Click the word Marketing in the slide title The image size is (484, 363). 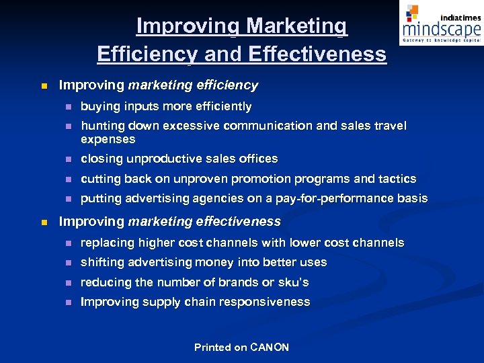(297, 26)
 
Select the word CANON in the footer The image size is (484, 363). (269, 348)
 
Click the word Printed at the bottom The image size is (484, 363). (212, 348)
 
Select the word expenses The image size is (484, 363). (108, 140)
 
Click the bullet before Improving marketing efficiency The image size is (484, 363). (44, 86)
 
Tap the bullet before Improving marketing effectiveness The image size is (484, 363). (44, 222)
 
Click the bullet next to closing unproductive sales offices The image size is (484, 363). (67, 159)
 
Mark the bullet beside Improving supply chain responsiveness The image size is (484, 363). (67, 302)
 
